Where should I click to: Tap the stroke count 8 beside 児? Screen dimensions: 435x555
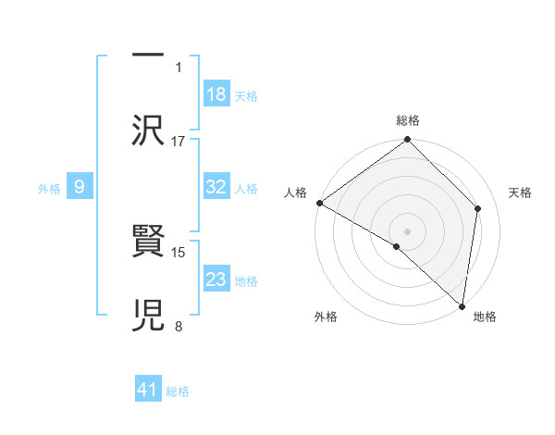[179, 326]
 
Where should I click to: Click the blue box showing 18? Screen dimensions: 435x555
[216, 93]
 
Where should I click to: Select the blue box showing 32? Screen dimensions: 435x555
[216, 187]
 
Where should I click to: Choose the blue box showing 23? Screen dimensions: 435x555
[216, 280]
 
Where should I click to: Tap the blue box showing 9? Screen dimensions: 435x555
[80, 187]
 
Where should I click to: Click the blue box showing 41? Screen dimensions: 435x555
[148, 390]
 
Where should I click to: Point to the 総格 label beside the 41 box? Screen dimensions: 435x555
[178, 391]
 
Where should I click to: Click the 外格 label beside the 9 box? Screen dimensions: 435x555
[49, 188]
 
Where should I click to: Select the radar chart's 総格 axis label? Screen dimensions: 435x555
[408, 120]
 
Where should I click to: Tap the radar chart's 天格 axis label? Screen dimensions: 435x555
[521, 193]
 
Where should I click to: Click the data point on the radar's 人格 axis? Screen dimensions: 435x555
[319, 203]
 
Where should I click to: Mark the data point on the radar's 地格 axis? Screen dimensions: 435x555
[462, 305]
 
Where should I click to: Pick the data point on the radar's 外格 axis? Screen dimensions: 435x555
[397, 246]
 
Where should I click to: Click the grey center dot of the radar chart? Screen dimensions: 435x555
[407, 230]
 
